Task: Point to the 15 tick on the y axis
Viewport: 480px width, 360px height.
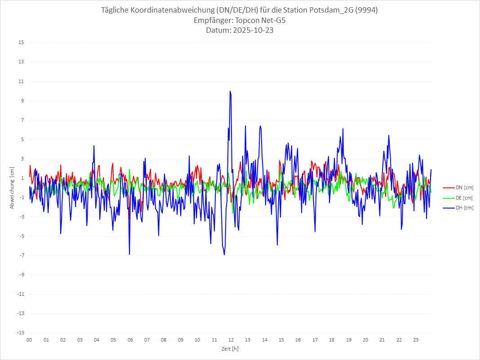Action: [21, 43]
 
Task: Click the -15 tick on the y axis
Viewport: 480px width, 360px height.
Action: [20, 333]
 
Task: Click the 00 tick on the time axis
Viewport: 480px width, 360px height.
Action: [29, 340]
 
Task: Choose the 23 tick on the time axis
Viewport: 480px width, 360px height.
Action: [416, 340]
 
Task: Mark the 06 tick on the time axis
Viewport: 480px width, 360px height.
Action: [130, 340]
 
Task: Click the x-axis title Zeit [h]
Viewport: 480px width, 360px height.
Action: [230, 348]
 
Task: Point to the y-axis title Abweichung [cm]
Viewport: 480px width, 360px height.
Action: [12, 187]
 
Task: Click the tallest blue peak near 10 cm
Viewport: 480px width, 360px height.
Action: [230, 92]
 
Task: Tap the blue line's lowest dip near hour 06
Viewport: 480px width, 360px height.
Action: [129, 254]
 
